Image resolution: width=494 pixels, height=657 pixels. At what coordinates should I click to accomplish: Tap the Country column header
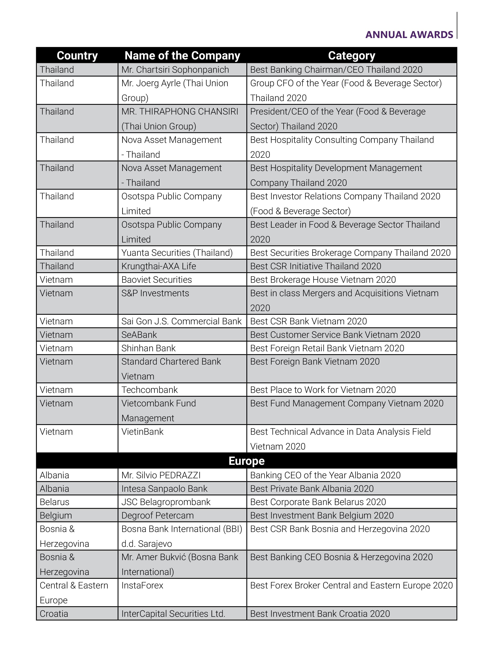77,55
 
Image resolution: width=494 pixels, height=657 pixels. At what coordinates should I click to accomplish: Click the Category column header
352,55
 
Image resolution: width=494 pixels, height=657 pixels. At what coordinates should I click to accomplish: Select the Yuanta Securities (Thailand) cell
177,253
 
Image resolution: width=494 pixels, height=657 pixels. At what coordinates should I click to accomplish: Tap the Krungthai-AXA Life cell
159,266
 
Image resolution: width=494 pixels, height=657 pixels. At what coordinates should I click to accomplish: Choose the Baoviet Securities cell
157,280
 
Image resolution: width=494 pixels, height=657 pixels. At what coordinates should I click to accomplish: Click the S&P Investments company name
155,293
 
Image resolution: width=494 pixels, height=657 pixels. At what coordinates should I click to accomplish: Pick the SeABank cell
139,335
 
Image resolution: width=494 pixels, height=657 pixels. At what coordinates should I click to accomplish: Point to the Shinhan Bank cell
148,348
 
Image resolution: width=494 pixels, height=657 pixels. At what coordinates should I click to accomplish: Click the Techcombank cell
149,390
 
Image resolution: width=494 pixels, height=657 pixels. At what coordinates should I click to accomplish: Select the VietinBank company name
142,432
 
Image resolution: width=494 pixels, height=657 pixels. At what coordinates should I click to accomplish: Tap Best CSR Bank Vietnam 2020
309,321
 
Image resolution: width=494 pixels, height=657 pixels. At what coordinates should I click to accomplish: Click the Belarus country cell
54,502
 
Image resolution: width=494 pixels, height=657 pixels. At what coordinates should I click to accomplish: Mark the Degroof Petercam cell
157,515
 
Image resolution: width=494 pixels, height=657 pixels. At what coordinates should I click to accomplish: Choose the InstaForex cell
142,585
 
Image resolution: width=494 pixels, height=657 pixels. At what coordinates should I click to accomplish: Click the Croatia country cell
54,614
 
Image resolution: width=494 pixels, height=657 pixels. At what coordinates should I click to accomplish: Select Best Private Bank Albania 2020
312,489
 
